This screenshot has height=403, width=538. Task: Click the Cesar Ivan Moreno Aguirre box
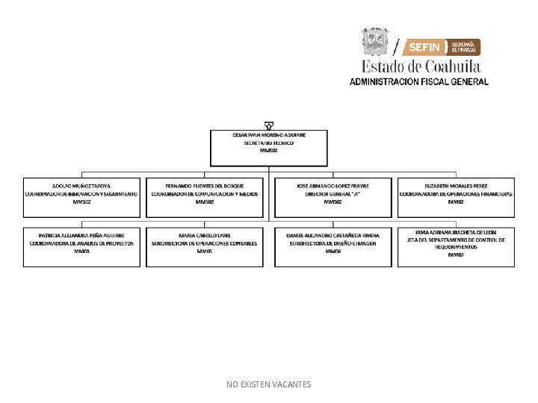269,148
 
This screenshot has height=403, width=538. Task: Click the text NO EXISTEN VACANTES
269,384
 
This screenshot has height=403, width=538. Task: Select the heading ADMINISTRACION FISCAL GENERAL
419,81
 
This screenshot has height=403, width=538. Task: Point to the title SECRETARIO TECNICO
269,143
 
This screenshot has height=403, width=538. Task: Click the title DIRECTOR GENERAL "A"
333,193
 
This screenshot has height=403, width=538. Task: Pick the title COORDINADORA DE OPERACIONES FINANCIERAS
456,193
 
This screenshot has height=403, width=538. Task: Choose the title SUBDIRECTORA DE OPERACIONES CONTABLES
205,243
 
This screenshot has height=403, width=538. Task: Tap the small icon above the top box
269,125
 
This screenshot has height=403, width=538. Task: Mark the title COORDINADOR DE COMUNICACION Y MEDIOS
205,193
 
